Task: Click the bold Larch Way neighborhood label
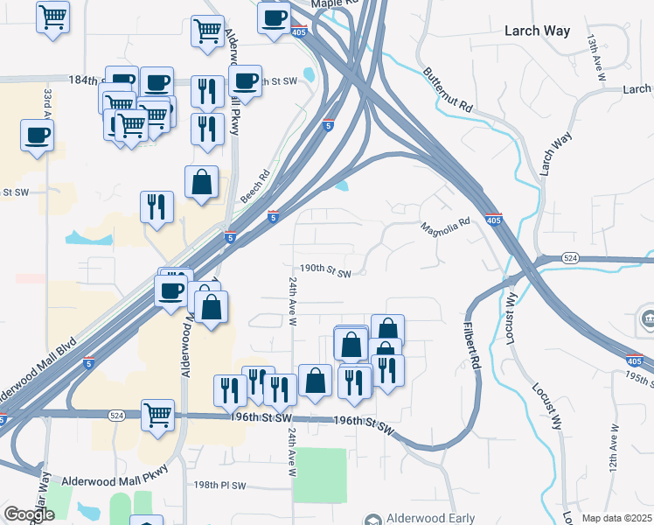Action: pos(537,31)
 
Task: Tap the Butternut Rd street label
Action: pos(448,90)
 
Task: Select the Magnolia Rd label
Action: pos(446,226)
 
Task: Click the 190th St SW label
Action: pos(325,272)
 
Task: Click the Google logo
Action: pos(29,514)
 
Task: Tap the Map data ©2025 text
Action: pos(616,518)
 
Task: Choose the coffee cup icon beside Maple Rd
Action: pos(274,17)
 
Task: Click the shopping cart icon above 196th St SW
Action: pos(157,414)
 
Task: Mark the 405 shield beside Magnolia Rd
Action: pos(493,220)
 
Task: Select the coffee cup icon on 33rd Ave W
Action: pos(37,136)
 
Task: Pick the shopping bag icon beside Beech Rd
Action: pos(201,182)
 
